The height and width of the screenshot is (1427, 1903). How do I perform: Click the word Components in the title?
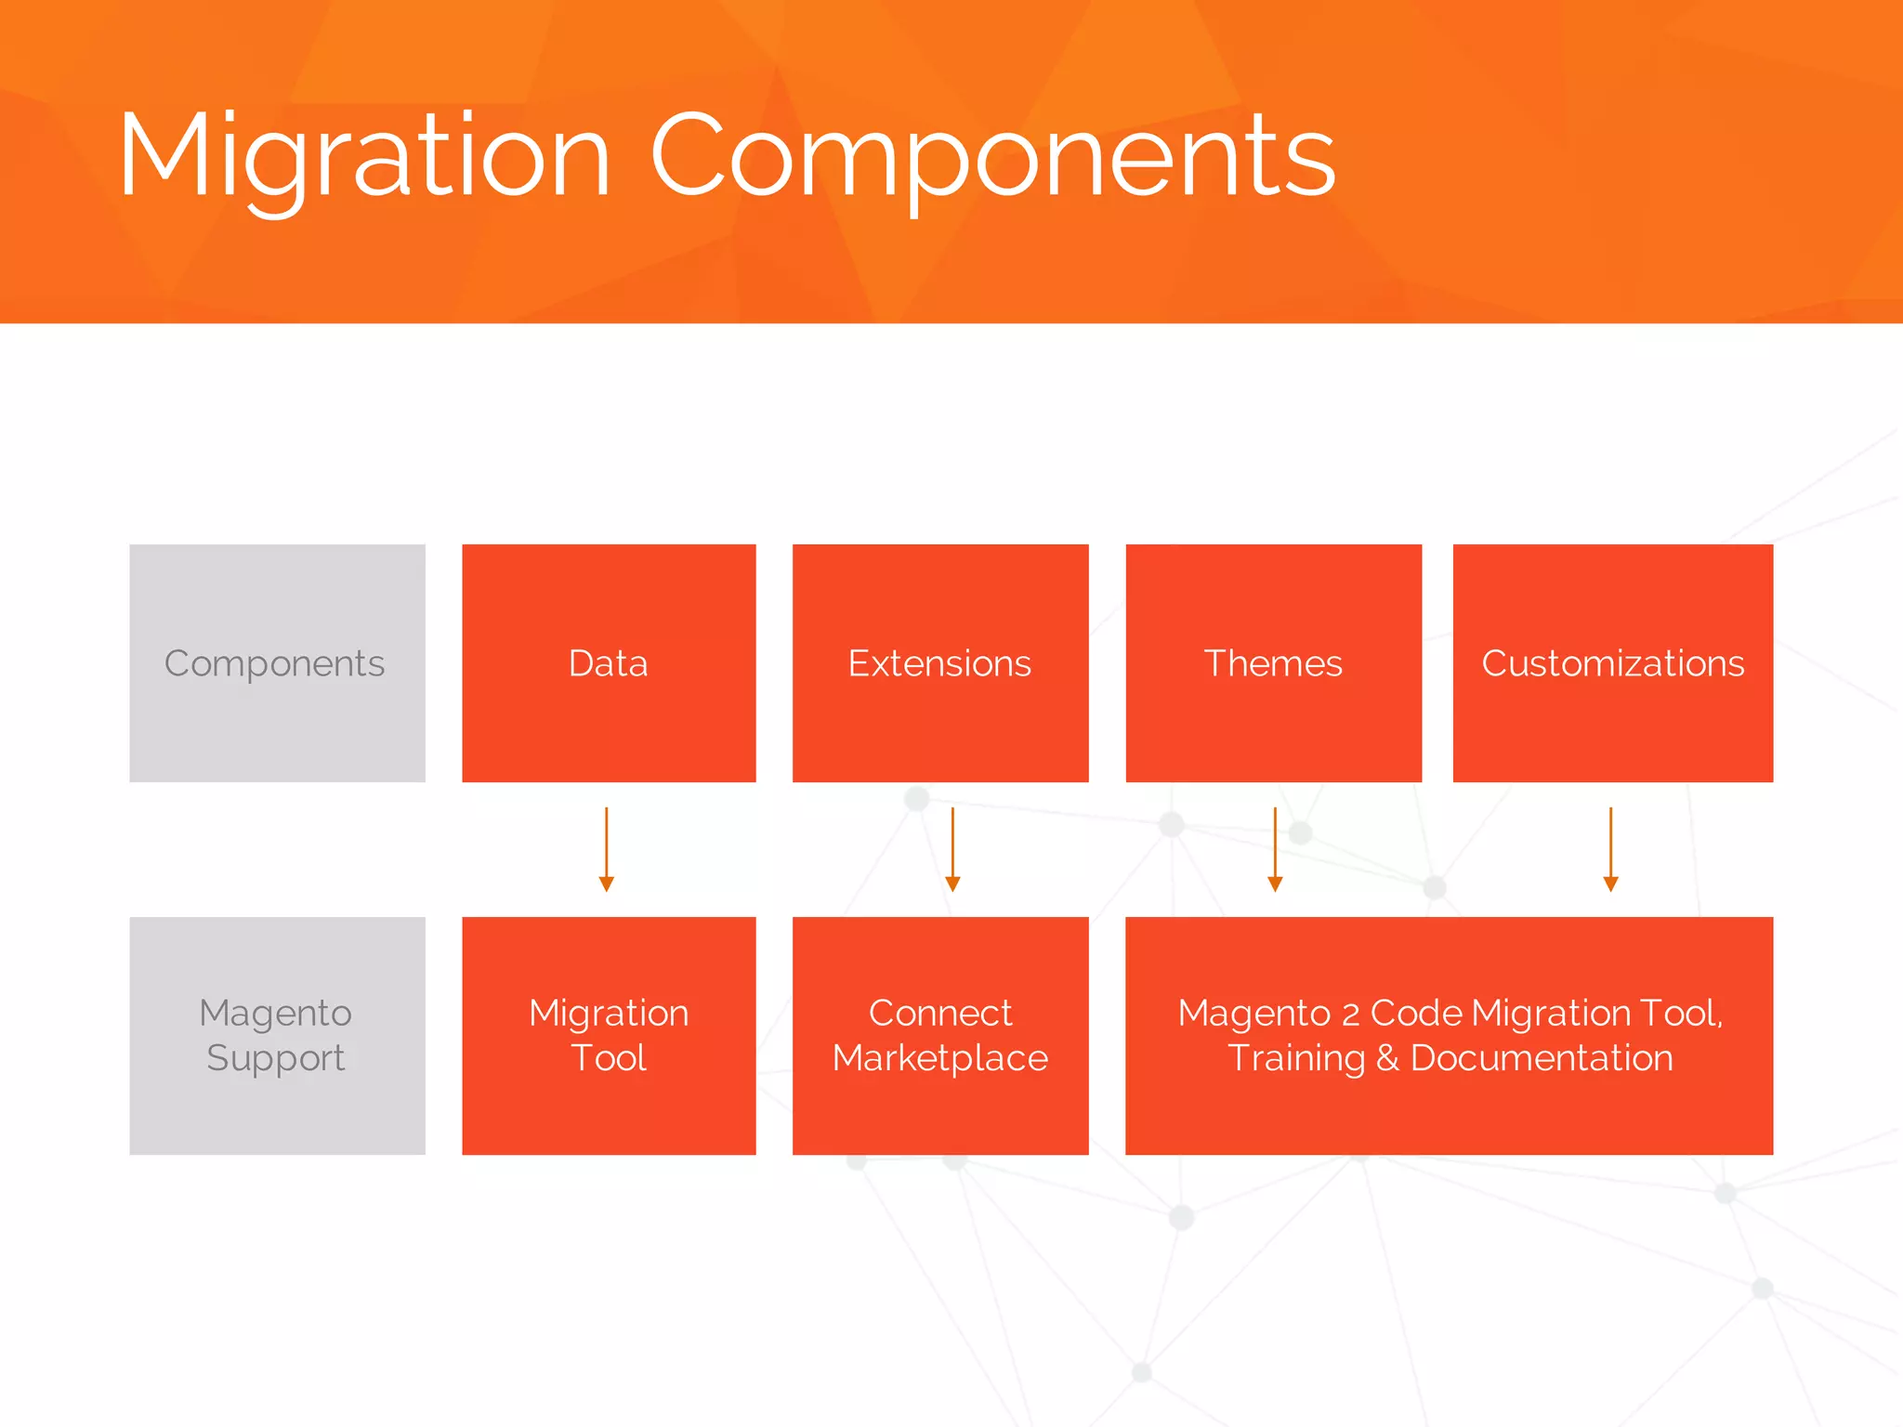point(992,156)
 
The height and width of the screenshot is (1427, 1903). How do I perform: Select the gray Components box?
point(277,663)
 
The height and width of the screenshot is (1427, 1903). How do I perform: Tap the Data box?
point(609,663)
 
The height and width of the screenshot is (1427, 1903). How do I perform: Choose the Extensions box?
point(939,663)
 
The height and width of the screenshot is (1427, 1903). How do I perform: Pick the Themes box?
point(1273,663)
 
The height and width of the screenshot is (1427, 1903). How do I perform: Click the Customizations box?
point(1612,663)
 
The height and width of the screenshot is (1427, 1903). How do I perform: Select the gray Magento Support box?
point(277,1035)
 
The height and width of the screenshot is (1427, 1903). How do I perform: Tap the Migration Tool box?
point(609,1035)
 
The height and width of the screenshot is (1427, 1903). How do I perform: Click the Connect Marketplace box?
point(939,1035)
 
